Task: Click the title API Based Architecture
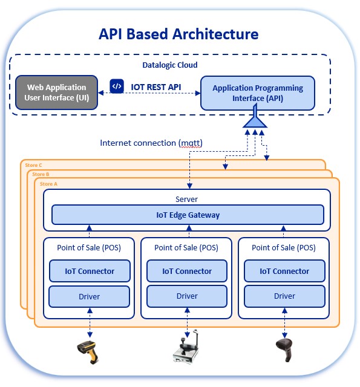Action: (178, 34)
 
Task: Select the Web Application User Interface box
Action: (57, 93)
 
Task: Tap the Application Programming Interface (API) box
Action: (257, 93)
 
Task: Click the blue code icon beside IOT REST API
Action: (116, 86)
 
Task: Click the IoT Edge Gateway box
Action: (188, 215)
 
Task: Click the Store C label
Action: (33, 165)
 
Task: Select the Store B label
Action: (41, 174)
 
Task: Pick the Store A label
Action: (49, 183)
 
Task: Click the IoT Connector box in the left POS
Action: (90, 271)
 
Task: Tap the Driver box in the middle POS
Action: (187, 296)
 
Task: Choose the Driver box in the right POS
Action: (284, 296)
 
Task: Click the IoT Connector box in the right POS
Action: (284, 271)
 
